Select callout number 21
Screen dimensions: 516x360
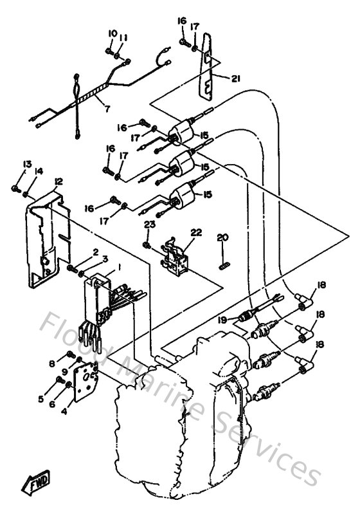pyautogui.click(x=236, y=78)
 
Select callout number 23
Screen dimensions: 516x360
pyautogui.click(x=149, y=225)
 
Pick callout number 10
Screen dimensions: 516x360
pyautogui.click(x=113, y=33)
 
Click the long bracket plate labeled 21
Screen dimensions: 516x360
pyautogui.click(x=206, y=64)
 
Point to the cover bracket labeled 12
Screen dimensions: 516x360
pyautogui.click(x=42, y=238)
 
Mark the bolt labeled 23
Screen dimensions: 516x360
pyautogui.click(x=147, y=245)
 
